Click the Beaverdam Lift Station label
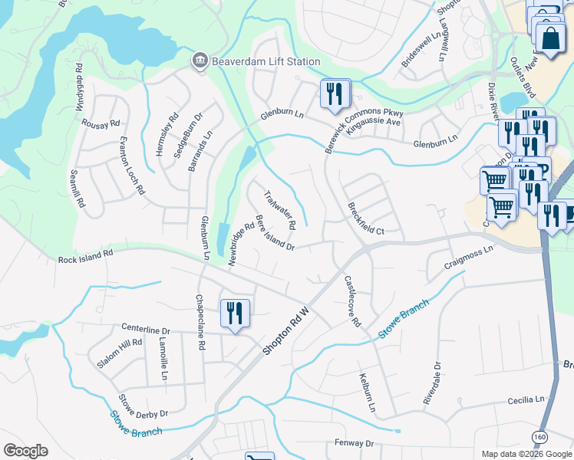pos(255,61)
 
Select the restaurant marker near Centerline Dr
pos(235,314)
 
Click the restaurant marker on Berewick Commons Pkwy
pos(335,94)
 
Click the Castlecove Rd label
pos(352,301)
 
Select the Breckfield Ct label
pos(365,219)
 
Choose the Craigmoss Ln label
pos(468,262)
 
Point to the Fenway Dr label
pos(354,443)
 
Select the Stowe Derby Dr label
pos(143,408)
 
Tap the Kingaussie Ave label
pos(374,122)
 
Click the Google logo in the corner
pos(26,451)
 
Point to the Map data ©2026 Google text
pos(526,454)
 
